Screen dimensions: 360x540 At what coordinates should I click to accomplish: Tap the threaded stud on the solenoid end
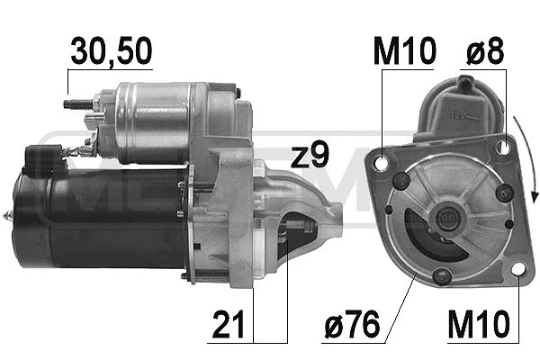[x=75, y=104]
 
